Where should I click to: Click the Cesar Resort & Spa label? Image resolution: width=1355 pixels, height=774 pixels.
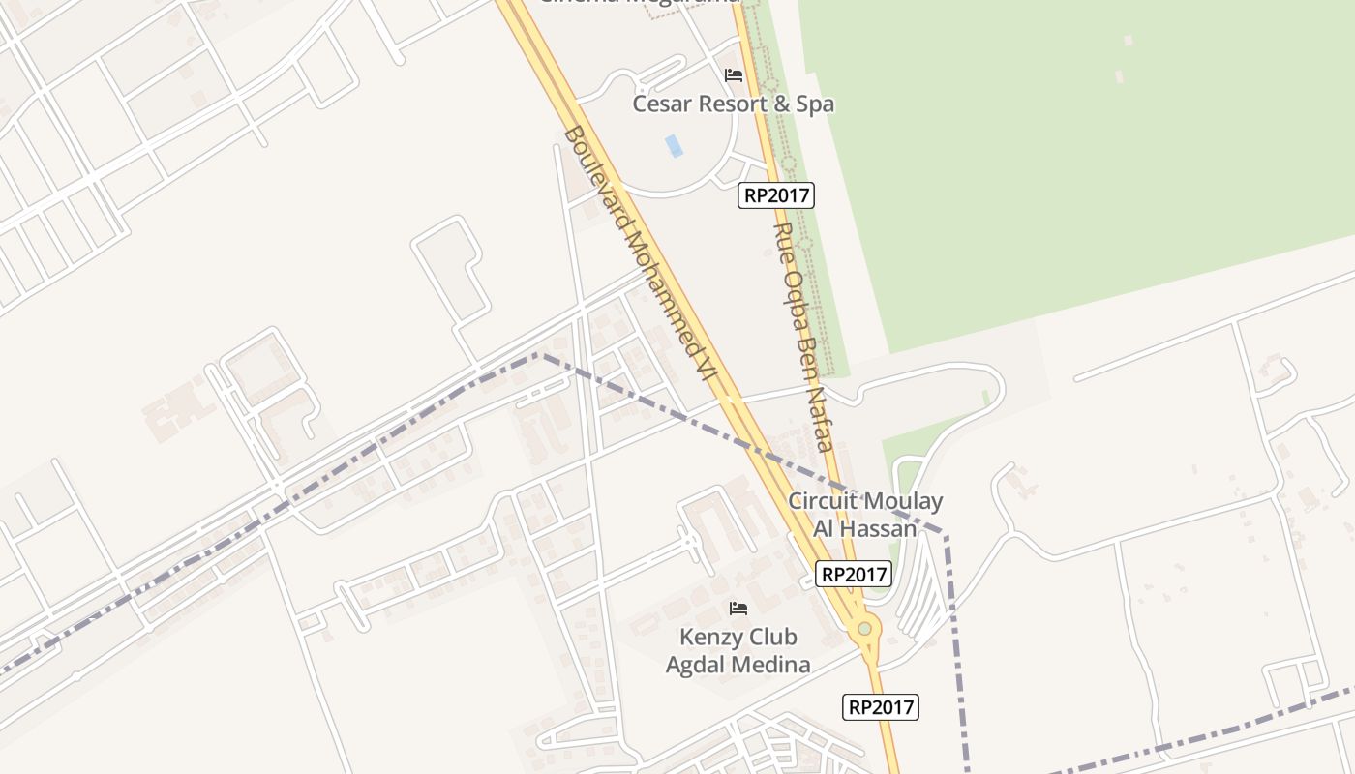(733, 104)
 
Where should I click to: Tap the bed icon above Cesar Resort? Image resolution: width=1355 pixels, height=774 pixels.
(734, 75)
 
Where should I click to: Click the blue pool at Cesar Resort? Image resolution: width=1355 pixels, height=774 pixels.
(674, 146)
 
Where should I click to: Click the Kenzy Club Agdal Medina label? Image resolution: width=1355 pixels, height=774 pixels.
(738, 650)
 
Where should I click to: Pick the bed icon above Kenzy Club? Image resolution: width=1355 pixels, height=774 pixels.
(738, 609)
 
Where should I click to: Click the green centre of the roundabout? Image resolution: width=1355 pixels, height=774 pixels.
(864, 629)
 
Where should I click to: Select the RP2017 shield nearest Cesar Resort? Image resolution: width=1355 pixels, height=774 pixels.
(776, 195)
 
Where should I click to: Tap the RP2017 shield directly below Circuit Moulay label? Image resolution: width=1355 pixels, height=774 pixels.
(853, 574)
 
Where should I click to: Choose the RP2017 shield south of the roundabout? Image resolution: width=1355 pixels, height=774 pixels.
(881, 707)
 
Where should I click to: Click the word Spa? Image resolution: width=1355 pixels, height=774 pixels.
(814, 104)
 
